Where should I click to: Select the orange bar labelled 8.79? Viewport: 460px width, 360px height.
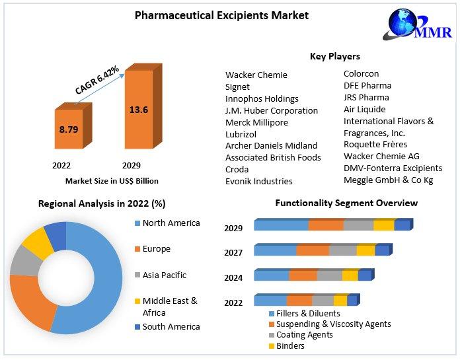coord(68,129)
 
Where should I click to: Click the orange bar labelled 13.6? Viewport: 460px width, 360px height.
coord(139,110)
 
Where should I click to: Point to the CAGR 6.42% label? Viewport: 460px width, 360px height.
coord(96,81)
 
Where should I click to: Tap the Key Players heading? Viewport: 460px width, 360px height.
coord(335,56)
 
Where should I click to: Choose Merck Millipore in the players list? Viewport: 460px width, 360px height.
coord(256,122)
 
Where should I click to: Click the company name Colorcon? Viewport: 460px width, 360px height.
coord(361,74)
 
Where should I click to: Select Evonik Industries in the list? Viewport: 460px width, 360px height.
coord(258,181)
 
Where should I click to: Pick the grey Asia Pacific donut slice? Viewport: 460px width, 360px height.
coord(25,260)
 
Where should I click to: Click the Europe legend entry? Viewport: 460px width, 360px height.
coord(157,249)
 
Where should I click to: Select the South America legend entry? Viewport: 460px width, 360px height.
coord(171,326)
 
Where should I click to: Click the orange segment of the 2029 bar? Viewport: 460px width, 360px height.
coord(325,225)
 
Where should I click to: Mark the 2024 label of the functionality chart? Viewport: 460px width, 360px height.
coord(233,278)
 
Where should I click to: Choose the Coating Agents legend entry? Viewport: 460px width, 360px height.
coord(305,335)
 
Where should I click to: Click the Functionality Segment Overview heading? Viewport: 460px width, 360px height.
coord(346,203)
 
